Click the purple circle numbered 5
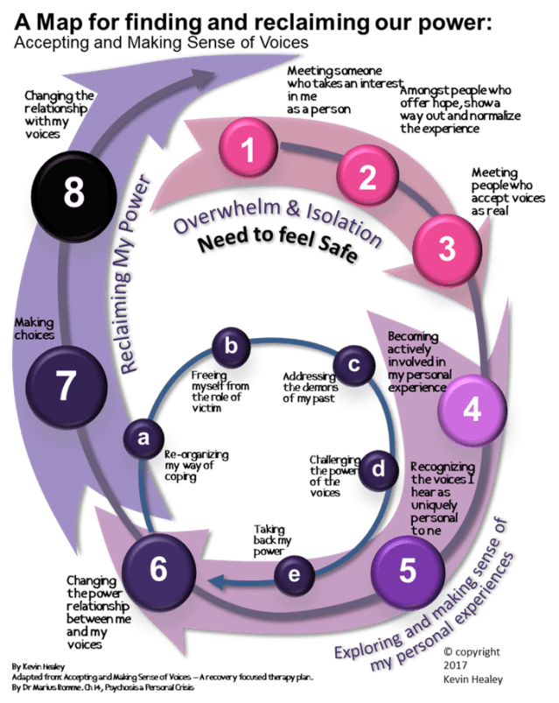[x=407, y=570]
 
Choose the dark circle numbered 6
[x=157, y=569]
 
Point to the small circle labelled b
[x=231, y=345]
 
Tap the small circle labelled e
[x=294, y=574]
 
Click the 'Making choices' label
[x=36, y=329]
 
